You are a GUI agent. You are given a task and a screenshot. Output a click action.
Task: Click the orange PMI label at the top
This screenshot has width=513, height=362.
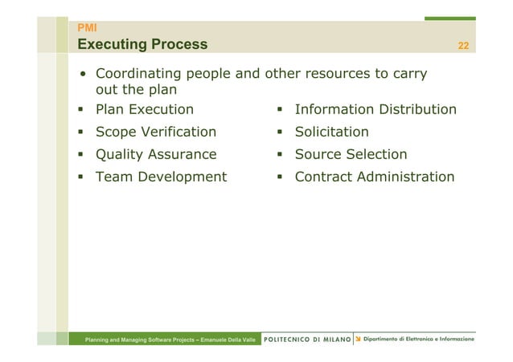click(86, 28)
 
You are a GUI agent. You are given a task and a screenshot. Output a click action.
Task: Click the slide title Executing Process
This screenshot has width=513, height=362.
click(142, 44)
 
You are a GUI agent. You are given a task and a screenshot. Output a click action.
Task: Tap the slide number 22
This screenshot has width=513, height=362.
click(463, 45)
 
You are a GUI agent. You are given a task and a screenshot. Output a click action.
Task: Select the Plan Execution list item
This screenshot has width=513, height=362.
click(145, 109)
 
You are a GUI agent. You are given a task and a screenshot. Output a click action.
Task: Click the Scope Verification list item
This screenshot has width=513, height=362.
click(156, 132)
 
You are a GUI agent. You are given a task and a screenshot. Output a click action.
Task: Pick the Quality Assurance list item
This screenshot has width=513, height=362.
click(156, 154)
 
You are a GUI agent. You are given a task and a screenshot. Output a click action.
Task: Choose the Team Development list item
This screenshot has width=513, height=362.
click(161, 177)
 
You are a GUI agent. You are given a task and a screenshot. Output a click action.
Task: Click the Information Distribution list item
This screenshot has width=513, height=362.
click(376, 109)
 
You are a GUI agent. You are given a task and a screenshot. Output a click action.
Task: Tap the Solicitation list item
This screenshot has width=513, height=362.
click(331, 132)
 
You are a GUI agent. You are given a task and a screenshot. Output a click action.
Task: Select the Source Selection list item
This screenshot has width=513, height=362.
click(351, 154)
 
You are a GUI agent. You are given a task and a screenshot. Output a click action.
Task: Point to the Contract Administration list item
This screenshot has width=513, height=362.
click(375, 177)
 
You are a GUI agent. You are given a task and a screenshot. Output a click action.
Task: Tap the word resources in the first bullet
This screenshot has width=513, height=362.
click(336, 75)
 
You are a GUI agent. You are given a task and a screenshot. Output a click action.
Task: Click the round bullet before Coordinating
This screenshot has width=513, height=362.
click(83, 76)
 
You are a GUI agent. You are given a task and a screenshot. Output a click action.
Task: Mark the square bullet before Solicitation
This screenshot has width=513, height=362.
click(281, 132)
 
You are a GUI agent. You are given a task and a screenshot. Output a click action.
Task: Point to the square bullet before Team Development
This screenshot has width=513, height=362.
click(82, 177)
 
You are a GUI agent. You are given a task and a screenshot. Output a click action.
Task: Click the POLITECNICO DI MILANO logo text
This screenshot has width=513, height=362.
click(307, 340)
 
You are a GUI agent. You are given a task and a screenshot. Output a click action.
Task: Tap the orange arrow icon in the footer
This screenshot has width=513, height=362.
click(358, 340)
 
